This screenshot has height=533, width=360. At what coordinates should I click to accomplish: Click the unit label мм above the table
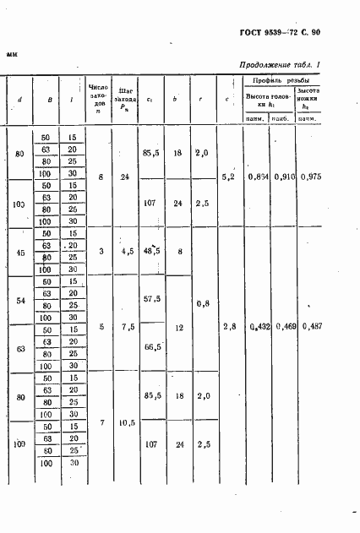[12, 53]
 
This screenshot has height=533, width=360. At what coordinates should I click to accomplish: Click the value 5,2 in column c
[228, 177]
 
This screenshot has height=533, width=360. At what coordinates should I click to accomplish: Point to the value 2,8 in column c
[228, 325]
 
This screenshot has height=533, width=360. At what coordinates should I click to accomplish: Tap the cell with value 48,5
[152, 251]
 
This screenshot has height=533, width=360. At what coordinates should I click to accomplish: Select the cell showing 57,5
[152, 299]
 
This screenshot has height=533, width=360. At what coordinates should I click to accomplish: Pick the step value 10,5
[125, 422]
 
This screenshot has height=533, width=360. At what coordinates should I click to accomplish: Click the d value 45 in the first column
[19, 251]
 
